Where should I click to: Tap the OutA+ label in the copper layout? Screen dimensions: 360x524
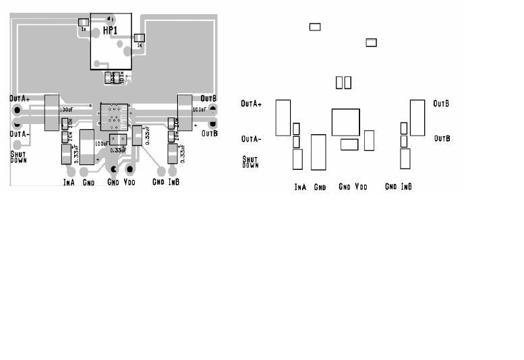(20, 98)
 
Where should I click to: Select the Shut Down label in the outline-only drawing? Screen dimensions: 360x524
(250, 162)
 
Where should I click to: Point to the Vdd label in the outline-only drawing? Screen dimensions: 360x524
(361, 187)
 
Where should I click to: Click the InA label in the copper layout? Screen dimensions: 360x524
(69, 183)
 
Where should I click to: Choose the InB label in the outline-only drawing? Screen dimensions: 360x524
(406, 187)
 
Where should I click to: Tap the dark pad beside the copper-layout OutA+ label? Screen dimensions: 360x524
(15, 110)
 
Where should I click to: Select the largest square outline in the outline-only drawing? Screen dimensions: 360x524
(346, 122)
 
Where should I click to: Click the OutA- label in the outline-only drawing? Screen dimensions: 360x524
(252, 140)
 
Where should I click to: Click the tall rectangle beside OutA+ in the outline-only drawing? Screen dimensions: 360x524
(283, 117)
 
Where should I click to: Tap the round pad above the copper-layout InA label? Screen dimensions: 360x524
(69, 171)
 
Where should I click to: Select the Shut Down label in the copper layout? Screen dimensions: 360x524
(18, 158)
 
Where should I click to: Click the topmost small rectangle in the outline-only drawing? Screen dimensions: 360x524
(315, 27)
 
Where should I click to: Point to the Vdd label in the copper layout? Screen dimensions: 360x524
(131, 182)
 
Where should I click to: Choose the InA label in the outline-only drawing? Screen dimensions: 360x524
(300, 187)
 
